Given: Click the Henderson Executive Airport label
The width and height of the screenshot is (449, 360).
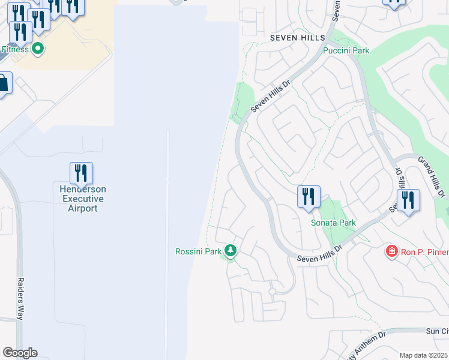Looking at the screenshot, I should click(81, 199).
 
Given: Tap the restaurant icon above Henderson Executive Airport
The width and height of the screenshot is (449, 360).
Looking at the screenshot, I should click(81, 173).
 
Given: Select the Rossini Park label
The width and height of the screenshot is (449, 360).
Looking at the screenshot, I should click(199, 251).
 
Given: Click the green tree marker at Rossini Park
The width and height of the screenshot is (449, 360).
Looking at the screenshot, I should click(231, 250).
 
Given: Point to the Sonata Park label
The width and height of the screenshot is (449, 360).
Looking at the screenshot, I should click(333, 223).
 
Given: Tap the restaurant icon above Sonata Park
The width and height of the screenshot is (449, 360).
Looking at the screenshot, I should click(309, 197).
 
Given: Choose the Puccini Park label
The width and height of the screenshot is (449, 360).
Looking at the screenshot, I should click(346, 51).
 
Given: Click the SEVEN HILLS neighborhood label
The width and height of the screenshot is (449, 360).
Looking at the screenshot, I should click(297, 38).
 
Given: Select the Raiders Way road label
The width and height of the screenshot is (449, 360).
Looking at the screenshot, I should click(20, 305).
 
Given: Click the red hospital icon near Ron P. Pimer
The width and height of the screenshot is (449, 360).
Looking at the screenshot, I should click(391, 251).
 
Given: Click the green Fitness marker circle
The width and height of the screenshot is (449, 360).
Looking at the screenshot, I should click(38, 49).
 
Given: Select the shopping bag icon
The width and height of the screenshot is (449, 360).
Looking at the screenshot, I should click(3, 83).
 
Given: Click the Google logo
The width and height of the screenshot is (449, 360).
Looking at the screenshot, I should click(20, 353).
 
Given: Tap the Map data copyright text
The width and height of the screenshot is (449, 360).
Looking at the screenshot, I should click(424, 355).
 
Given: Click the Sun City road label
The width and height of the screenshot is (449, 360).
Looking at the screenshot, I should click(436, 331).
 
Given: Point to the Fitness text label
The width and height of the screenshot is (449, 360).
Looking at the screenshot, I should click(15, 49).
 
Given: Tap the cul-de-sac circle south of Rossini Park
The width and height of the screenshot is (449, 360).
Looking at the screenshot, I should click(272, 292).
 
